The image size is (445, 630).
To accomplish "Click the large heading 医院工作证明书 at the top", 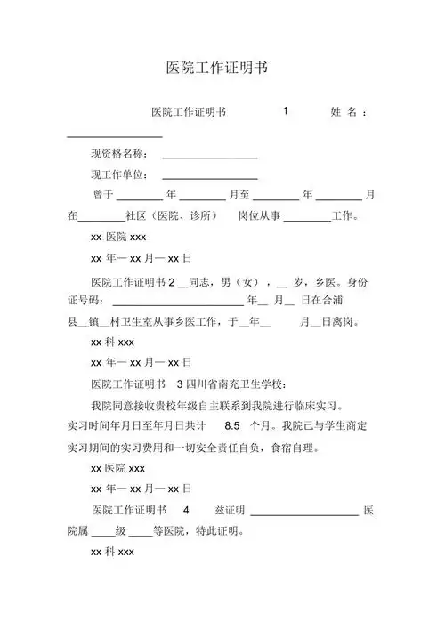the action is coord(217,68).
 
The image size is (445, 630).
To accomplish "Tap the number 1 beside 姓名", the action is coord(285,111).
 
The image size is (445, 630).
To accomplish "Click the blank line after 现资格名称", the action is coord(210,157).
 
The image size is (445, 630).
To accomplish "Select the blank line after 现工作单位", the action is coord(210,178).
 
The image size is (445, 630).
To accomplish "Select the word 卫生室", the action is coord(155,321).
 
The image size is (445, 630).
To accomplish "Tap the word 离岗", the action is coord(343,321).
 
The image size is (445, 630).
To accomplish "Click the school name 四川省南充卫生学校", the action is coord(235,384).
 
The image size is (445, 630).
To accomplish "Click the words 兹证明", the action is coord(230,511).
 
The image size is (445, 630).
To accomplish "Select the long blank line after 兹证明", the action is coord(304,514).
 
